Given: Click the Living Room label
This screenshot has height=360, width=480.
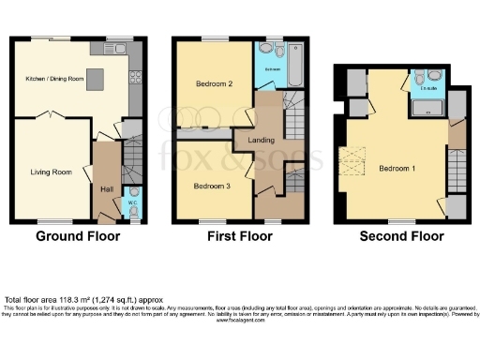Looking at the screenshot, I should click(52, 172).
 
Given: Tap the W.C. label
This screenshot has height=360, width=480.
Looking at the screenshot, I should click(131, 202).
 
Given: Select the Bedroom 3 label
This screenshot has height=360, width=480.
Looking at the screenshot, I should click(212, 185).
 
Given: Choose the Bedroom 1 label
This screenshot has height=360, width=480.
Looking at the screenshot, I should click(397, 169).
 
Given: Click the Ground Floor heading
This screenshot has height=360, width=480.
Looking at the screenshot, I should click(78, 236).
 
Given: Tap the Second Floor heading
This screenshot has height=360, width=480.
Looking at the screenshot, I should click(401, 236).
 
